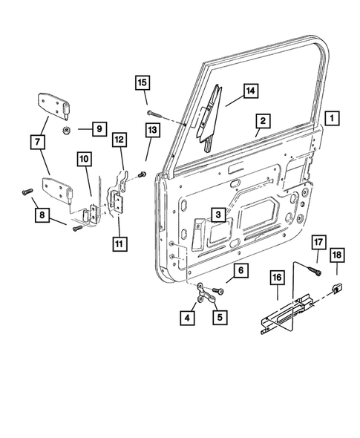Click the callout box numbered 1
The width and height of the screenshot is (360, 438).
(332, 117)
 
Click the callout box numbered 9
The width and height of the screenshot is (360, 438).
(98, 130)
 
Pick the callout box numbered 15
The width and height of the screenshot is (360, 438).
(142, 81)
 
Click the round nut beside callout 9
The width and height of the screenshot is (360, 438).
(68, 130)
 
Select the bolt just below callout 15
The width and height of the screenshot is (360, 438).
(153, 111)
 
